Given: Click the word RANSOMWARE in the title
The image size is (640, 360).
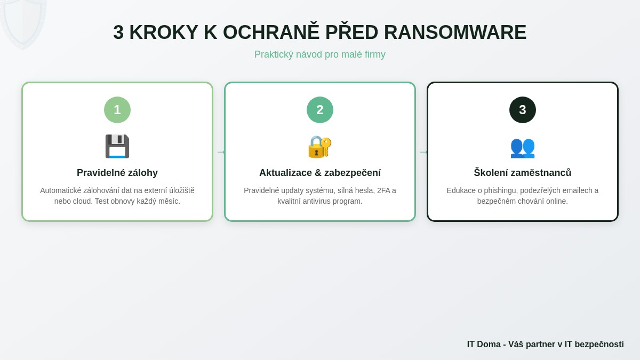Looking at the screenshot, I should click(455, 33).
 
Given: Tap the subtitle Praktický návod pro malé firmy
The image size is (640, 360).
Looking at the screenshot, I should click(320, 54).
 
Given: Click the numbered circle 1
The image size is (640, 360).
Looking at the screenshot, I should click(117, 110).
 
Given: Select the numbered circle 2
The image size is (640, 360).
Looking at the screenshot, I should click(320, 110).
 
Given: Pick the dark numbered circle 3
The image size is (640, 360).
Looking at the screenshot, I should click(523, 110).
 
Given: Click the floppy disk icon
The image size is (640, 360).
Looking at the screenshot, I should click(117, 146).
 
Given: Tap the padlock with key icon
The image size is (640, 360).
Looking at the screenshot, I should click(320, 146).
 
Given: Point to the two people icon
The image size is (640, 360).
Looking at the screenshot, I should click(523, 146).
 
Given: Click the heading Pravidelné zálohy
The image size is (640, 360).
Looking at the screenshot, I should click(117, 173).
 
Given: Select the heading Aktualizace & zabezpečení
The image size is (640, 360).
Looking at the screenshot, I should click(320, 173).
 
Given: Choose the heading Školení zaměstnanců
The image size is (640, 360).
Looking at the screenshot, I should click(523, 173).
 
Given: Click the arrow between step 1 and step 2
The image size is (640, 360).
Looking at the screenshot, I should click(220, 152).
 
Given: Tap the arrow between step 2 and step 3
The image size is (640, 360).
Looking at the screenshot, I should click(423, 152).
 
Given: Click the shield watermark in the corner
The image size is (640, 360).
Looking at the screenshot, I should click(22, 21).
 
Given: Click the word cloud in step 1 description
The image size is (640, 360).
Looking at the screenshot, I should click(80, 201).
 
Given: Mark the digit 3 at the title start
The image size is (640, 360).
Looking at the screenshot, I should click(118, 33).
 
